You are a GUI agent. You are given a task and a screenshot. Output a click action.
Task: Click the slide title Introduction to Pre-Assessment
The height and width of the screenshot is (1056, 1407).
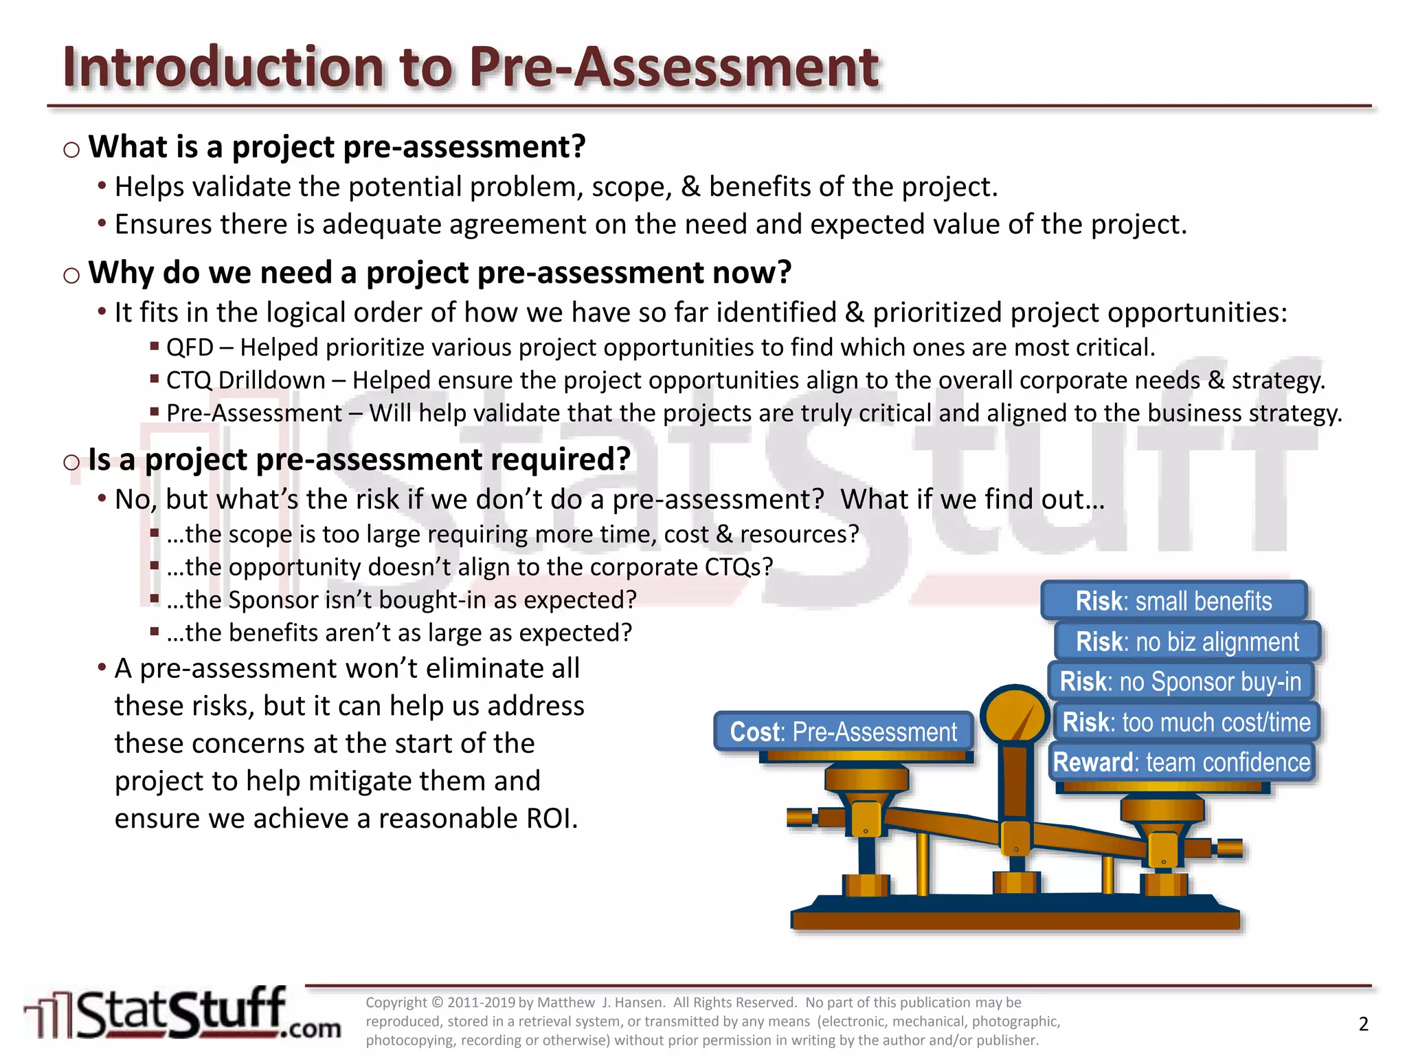click(471, 67)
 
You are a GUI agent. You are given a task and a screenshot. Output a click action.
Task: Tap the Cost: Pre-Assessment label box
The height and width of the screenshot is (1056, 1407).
click(843, 731)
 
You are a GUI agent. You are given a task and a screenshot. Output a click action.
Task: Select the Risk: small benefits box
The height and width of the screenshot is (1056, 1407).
click(1173, 601)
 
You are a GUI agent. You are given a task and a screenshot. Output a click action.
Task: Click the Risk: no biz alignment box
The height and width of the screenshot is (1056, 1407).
click(1187, 641)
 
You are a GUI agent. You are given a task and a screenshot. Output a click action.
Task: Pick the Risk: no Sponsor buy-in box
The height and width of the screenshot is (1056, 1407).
click(1180, 681)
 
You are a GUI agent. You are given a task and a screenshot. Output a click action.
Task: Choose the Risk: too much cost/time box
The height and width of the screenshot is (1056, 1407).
click(1186, 722)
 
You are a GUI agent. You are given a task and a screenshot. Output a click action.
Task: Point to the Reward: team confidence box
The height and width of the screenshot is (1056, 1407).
click(1182, 762)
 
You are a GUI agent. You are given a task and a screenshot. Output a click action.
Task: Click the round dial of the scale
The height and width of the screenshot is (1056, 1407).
click(1014, 716)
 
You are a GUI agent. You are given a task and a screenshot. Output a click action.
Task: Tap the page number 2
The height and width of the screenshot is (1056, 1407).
click(1363, 1024)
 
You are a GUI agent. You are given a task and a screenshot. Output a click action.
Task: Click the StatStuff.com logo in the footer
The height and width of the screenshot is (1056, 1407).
click(182, 1013)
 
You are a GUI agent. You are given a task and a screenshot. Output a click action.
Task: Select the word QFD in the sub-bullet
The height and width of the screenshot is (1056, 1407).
click(190, 348)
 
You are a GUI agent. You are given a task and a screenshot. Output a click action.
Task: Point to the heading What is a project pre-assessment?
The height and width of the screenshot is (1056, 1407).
click(337, 147)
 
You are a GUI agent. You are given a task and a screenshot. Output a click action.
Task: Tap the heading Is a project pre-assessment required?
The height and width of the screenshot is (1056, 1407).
click(359, 459)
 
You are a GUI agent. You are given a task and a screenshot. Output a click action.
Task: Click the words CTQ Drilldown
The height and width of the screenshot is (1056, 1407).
click(246, 380)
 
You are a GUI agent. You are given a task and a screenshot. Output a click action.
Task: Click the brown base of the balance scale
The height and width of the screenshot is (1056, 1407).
click(1015, 918)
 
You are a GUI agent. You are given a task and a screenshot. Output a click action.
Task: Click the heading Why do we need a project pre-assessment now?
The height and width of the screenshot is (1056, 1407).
click(440, 273)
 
